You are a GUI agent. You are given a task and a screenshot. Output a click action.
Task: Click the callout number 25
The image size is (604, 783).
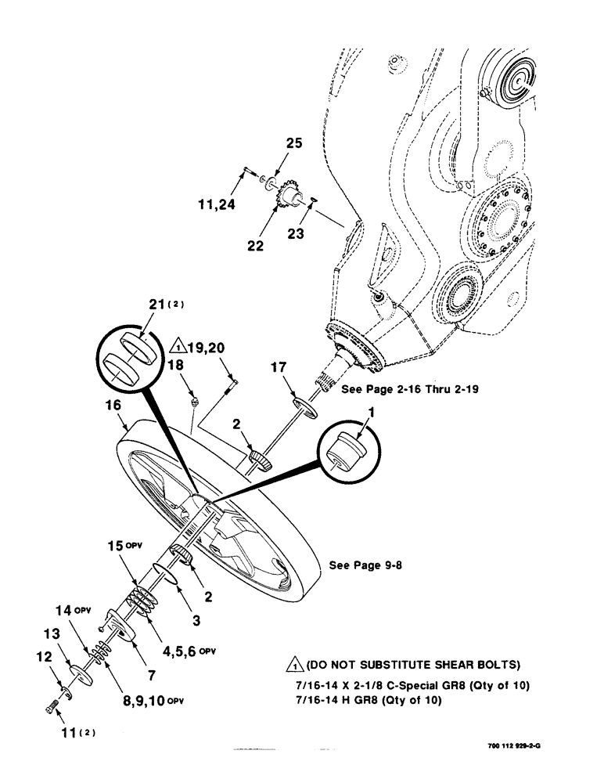[270, 144]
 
